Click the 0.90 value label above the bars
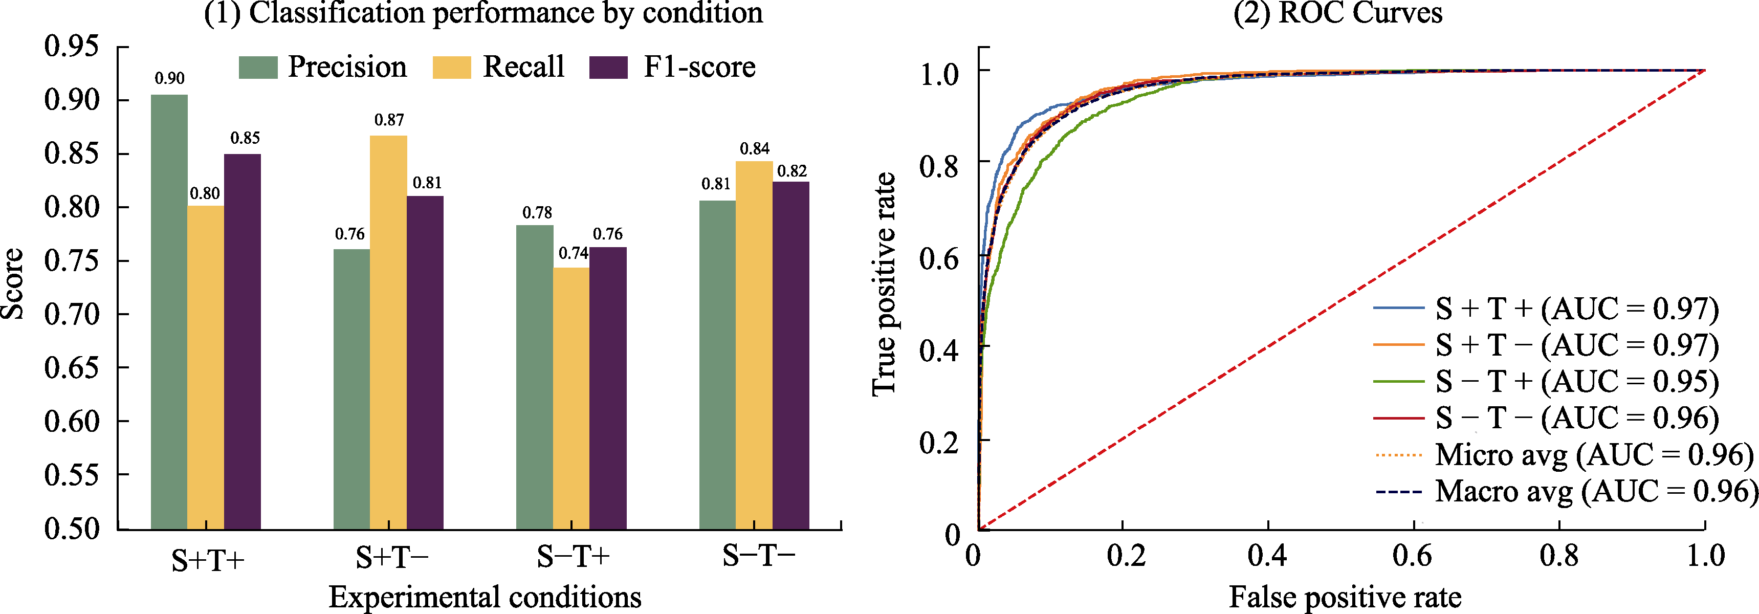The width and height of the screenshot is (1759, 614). tap(169, 79)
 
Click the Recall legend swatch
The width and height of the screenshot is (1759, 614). tap(451, 68)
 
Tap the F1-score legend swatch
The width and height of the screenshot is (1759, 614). tap(608, 68)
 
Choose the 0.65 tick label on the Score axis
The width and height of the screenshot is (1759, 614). tap(72, 368)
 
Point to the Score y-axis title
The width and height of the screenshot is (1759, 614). tap(12, 283)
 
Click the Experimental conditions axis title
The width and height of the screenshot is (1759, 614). tap(485, 597)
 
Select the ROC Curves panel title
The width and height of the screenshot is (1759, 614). tap(1337, 13)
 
